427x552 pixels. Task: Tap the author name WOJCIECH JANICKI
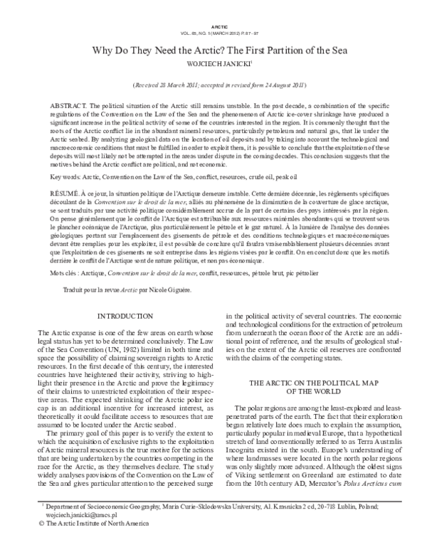tap(213, 65)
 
